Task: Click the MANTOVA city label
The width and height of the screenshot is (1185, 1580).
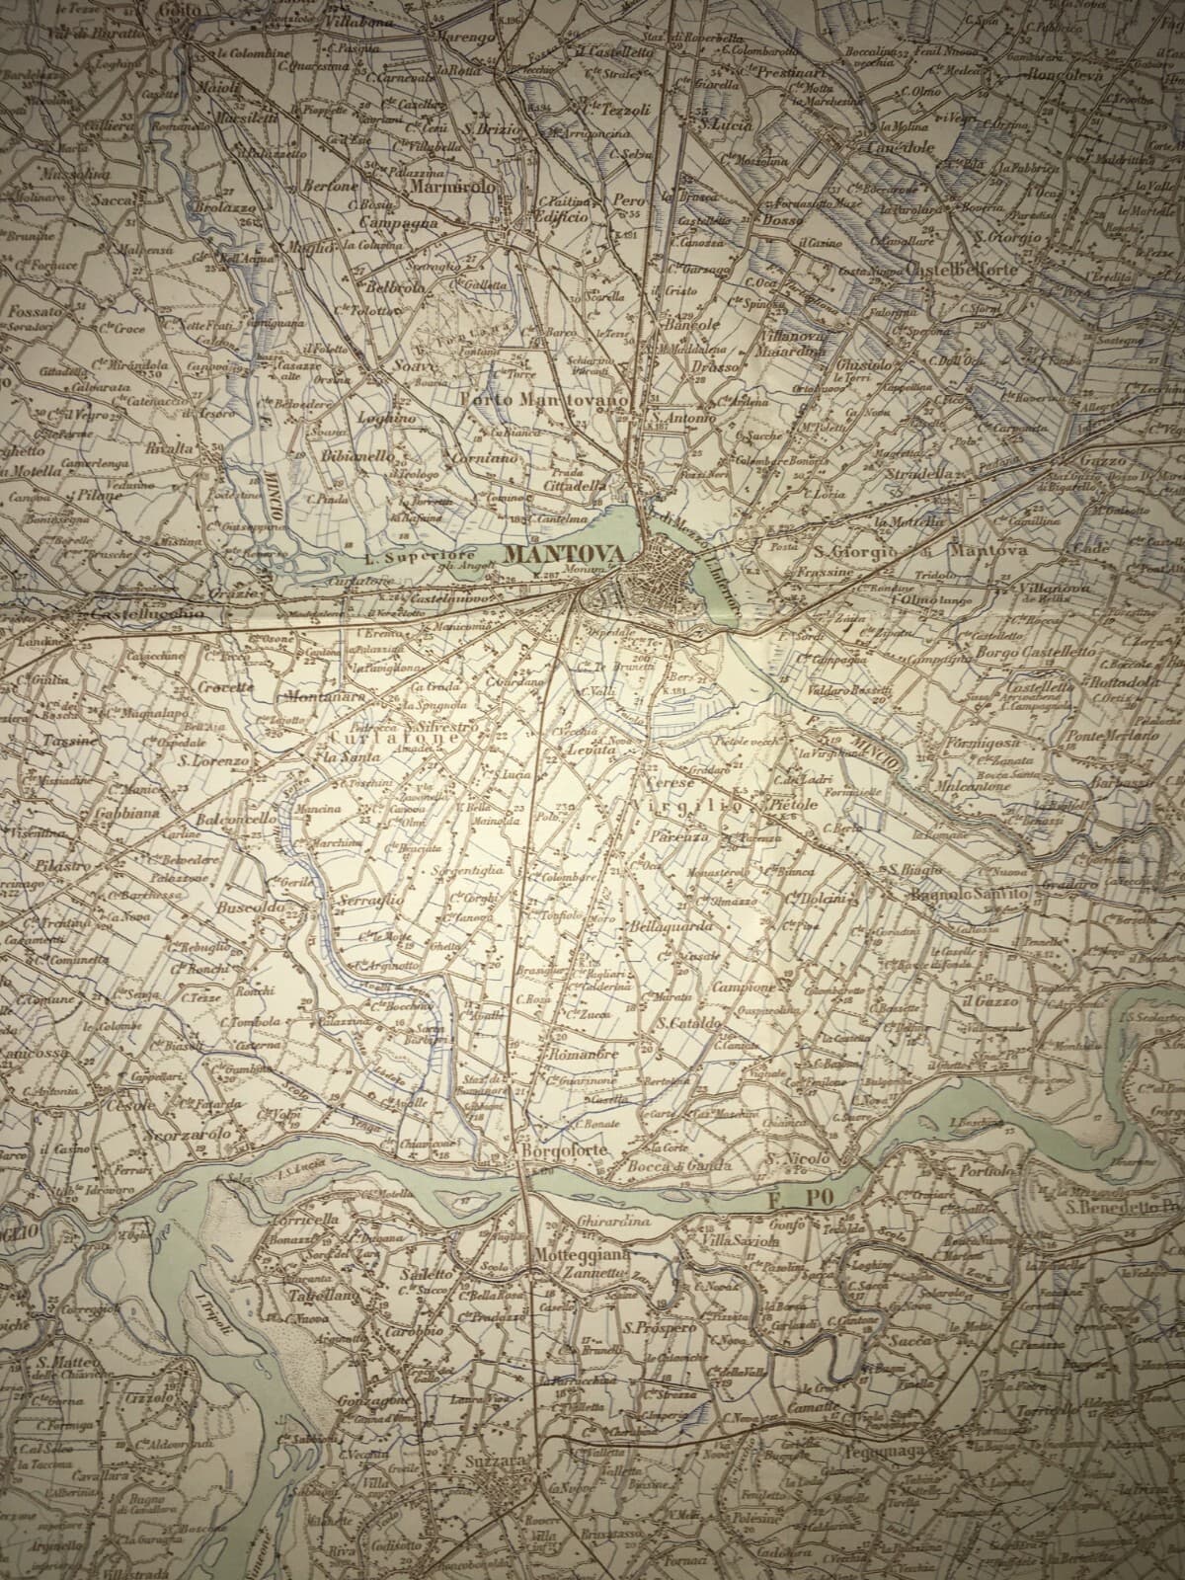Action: [563, 556]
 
